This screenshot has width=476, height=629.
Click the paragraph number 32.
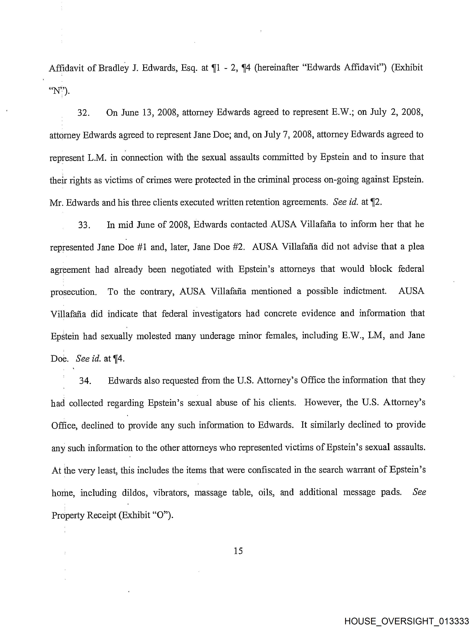(84, 113)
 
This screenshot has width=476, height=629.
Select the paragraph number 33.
(84, 225)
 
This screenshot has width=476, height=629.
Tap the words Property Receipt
(84, 515)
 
